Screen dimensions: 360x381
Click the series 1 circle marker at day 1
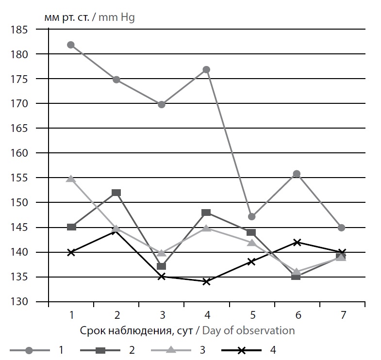tap(71, 45)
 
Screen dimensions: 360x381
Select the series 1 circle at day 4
tap(206, 69)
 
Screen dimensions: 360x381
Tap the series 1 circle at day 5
tap(251, 216)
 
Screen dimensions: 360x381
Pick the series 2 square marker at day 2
tap(116, 193)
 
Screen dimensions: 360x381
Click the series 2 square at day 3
tap(162, 266)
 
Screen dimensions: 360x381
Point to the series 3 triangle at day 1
tap(71, 179)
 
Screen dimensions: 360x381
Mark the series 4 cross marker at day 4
tap(206, 281)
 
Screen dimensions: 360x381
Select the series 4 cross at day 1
tap(71, 252)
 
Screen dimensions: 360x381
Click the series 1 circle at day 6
tap(297, 174)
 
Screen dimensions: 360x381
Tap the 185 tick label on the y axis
tap(19, 30)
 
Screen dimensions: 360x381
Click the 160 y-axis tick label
tap(19, 153)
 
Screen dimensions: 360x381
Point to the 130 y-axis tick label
tap(19, 302)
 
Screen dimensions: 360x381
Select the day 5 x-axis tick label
tap(252, 315)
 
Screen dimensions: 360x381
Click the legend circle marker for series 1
tap(30, 350)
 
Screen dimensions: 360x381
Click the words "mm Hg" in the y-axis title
tap(116, 18)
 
